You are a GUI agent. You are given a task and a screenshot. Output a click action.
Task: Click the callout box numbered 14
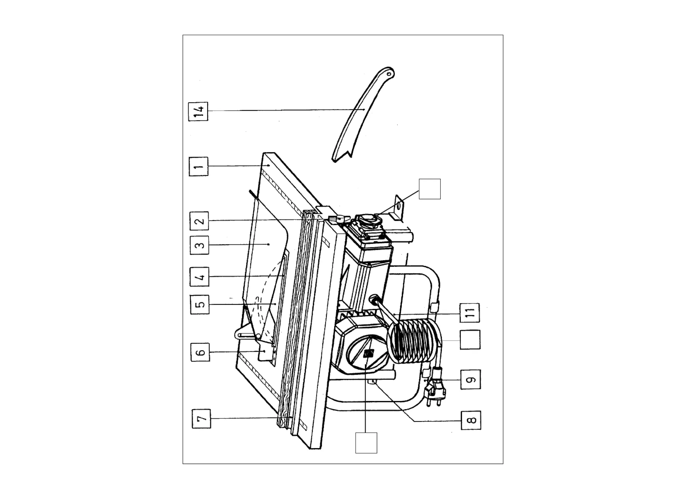(x=198, y=111)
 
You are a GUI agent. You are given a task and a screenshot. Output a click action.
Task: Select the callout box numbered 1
(x=198, y=167)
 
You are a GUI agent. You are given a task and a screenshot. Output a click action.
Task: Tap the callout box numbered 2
(x=199, y=221)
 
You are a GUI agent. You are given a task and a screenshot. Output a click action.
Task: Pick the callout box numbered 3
(x=199, y=245)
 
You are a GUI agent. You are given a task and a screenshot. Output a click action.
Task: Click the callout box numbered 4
(x=199, y=277)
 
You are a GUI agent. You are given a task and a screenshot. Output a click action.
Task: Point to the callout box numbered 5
(x=200, y=304)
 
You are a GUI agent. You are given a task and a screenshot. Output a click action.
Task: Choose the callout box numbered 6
(x=201, y=352)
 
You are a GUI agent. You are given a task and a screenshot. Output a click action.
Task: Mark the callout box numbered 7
(x=201, y=419)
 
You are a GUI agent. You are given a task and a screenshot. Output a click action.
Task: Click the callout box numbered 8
(x=471, y=420)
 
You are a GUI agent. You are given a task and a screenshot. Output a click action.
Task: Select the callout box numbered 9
(x=471, y=380)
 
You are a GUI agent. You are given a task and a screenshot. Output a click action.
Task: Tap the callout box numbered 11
(x=470, y=313)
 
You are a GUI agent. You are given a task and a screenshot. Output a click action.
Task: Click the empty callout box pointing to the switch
(x=430, y=189)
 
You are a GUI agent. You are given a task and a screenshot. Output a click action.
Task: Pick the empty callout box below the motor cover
(x=366, y=443)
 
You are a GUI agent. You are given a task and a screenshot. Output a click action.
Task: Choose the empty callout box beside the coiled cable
(x=470, y=339)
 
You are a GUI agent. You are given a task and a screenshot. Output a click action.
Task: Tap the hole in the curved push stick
(x=389, y=74)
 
